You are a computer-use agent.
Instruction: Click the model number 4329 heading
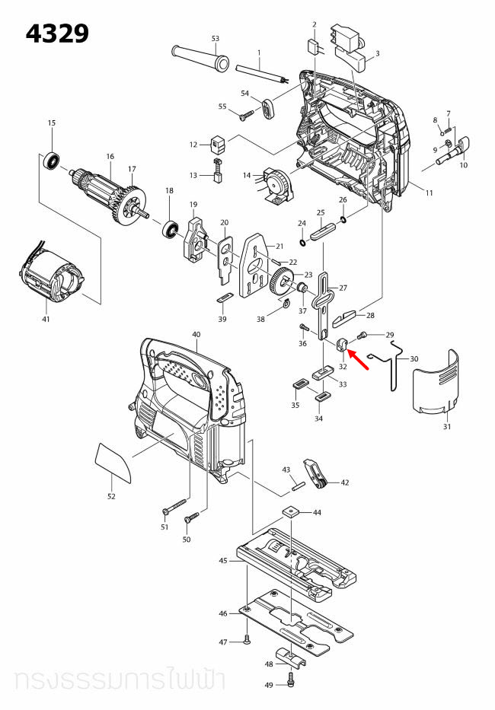(57, 33)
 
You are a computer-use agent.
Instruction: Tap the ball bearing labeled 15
(53, 161)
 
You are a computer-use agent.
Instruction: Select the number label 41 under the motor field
(46, 319)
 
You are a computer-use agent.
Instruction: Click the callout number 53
(215, 38)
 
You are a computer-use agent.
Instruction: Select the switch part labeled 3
(350, 43)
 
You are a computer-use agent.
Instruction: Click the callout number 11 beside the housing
(429, 193)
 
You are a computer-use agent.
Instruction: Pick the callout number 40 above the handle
(196, 335)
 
